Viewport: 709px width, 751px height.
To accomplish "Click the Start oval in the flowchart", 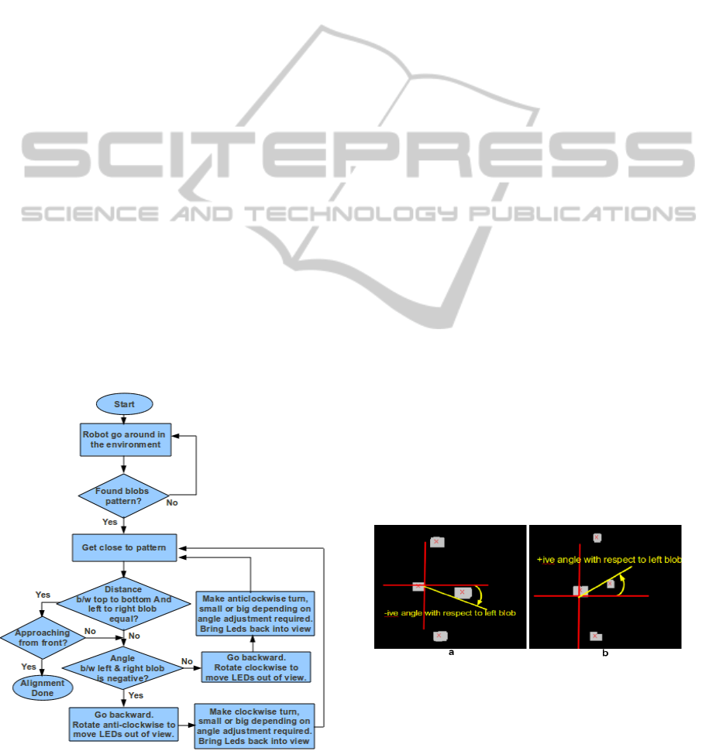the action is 124,404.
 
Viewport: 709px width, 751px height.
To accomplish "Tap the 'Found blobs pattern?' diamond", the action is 124,496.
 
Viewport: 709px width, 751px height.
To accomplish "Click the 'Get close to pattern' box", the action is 124,548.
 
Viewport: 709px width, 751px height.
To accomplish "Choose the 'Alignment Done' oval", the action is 43,688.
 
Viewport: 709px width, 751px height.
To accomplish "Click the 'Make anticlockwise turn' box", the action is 255,613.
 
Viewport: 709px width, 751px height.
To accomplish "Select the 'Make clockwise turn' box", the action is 255,725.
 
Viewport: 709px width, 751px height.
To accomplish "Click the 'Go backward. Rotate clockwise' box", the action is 255,667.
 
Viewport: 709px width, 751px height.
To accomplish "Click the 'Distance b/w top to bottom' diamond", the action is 124,600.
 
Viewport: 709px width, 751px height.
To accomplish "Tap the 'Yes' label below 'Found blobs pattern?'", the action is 111,522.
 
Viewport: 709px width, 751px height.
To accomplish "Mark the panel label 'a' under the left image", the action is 450,653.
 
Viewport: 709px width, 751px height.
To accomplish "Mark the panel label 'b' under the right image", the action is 605,653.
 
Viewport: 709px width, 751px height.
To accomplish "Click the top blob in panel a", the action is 437,542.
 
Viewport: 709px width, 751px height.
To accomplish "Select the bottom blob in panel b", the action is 596,636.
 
